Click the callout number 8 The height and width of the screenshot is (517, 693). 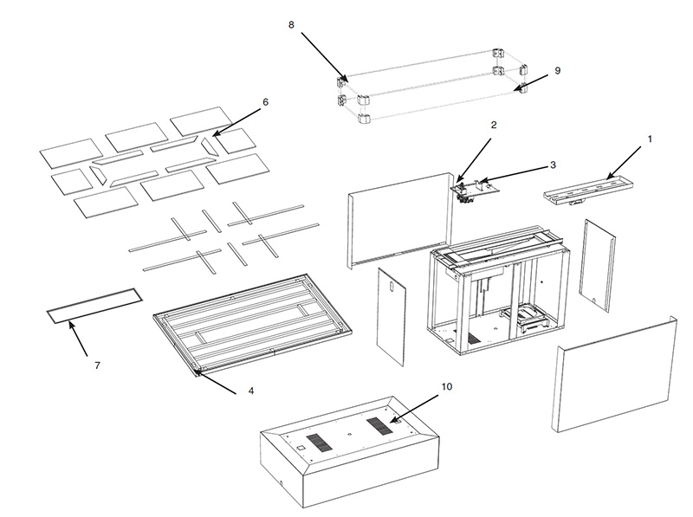291,25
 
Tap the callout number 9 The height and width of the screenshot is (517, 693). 557,71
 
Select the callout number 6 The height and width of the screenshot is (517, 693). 265,102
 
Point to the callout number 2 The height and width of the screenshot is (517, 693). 494,125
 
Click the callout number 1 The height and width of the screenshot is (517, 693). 650,139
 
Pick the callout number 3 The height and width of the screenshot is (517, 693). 553,165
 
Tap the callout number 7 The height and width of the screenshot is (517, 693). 97,365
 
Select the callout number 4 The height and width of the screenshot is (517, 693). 250,391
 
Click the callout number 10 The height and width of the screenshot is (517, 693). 447,386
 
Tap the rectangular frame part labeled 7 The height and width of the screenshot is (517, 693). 95,306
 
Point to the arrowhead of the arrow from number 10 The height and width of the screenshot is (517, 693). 392,421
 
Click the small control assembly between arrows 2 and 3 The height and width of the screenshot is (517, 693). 473,190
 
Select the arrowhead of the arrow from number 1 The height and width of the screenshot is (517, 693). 611,177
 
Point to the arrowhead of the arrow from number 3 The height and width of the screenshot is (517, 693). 483,180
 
